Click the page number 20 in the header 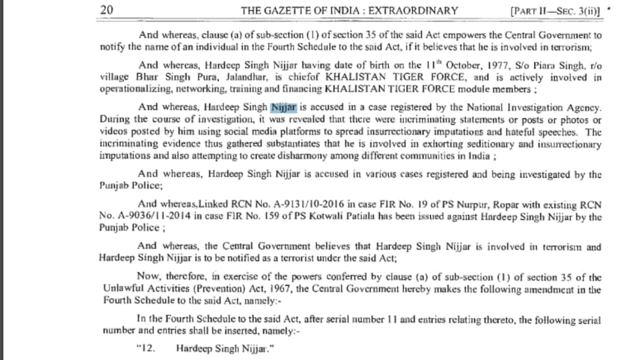(x=106, y=10)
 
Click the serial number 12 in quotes (x=145, y=348)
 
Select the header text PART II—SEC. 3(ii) (x=556, y=10)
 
